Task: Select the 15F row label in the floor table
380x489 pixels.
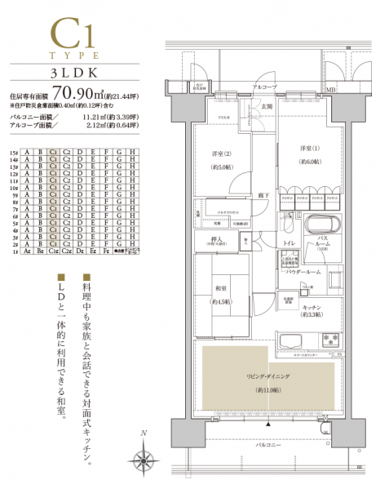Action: click(x=13, y=152)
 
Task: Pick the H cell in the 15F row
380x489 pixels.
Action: click(x=132, y=152)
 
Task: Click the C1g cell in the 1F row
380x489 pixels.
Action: click(x=54, y=252)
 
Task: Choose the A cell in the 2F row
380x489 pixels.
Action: click(x=28, y=244)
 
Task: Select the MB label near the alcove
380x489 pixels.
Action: click(x=332, y=88)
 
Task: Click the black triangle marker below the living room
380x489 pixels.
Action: click(x=267, y=427)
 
